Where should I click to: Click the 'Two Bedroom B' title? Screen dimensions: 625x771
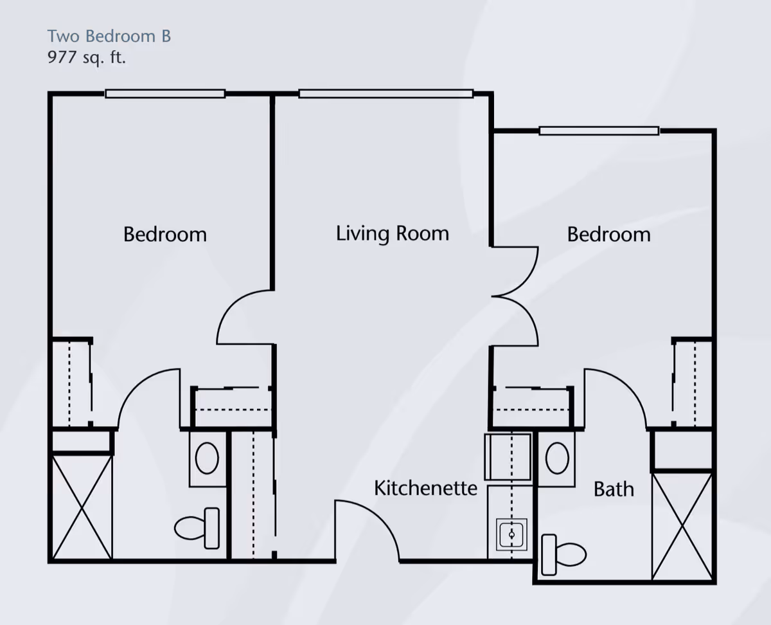click(109, 36)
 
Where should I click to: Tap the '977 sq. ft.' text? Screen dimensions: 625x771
click(87, 57)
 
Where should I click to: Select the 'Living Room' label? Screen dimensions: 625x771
click(392, 233)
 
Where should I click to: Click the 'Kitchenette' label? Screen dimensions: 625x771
click(425, 488)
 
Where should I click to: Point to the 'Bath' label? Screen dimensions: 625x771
click(614, 489)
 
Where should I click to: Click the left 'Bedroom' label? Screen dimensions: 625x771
click(165, 234)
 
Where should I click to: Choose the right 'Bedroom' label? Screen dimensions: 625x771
click(608, 234)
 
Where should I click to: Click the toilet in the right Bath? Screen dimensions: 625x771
click(563, 554)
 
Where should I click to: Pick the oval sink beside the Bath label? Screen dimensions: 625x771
click(556, 458)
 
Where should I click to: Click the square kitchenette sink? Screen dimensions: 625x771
click(512, 534)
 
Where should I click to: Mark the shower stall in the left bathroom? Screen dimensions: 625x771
click(82, 507)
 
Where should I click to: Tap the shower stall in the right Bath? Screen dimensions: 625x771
click(682, 526)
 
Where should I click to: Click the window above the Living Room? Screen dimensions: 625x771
click(386, 94)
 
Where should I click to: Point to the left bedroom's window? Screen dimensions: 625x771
click(165, 94)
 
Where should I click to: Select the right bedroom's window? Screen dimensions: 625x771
click(599, 131)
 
